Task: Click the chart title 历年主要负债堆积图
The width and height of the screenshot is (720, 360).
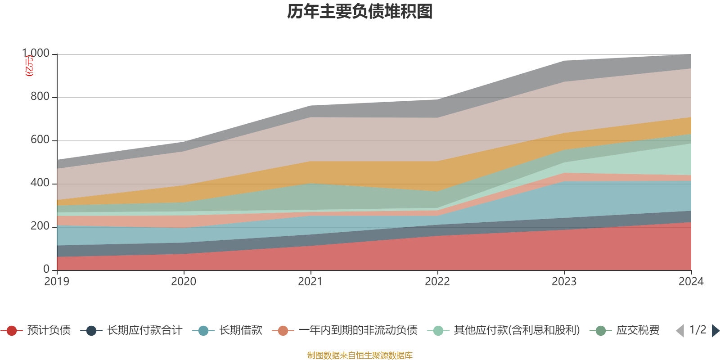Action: tap(360, 12)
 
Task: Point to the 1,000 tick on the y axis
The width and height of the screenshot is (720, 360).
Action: tap(36, 54)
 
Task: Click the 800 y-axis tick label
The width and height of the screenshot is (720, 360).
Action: tap(40, 97)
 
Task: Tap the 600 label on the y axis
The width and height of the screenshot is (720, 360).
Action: tap(40, 140)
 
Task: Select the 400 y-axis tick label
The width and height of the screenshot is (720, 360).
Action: tap(40, 183)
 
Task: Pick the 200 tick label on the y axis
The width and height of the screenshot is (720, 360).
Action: tap(40, 226)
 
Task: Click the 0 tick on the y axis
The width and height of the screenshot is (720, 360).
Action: tap(46, 269)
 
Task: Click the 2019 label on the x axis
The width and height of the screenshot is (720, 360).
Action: tap(57, 282)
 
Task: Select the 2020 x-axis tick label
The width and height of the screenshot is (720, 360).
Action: tap(184, 282)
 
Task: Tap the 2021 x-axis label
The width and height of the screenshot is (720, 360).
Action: tap(310, 282)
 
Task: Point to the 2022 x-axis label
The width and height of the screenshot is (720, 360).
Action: tap(437, 282)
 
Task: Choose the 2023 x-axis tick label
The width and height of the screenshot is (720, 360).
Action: tap(564, 282)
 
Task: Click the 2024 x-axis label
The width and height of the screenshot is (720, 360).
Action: tap(691, 282)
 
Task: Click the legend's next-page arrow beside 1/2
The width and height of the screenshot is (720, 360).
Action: tap(715, 331)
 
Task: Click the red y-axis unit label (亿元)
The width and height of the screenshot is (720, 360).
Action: tap(29, 66)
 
